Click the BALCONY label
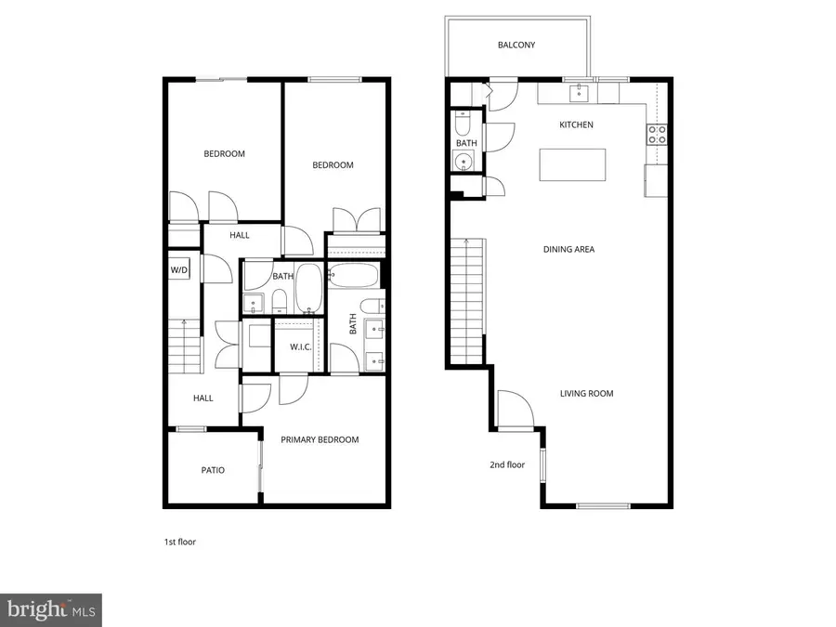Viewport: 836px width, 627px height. pos(516,45)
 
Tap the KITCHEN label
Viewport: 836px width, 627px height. pos(576,124)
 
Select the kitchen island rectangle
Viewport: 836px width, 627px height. pos(572,164)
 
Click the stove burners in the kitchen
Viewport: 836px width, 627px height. pos(658,134)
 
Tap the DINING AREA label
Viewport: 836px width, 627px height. pos(568,249)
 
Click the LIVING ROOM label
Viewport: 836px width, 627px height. pos(586,393)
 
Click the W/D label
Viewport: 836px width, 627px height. pos(179,270)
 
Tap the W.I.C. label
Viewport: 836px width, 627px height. pos(300,346)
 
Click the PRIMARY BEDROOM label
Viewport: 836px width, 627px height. pos(320,439)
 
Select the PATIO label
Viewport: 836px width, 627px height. pos(213,470)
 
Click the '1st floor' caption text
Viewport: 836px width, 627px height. pos(179,541)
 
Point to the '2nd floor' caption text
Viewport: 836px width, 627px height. pos(507,464)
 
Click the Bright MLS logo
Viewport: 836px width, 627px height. pos(51,609)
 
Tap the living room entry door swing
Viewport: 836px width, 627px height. pos(513,409)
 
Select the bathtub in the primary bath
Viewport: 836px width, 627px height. pos(353,276)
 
